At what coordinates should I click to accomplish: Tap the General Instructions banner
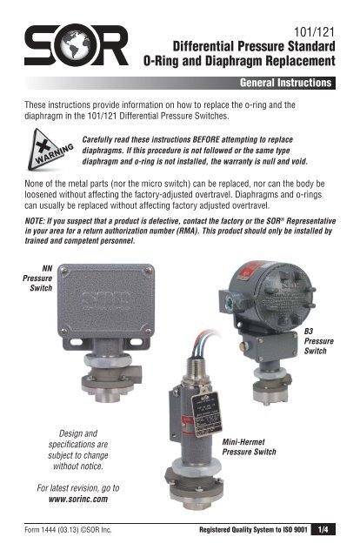coord(277,84)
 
